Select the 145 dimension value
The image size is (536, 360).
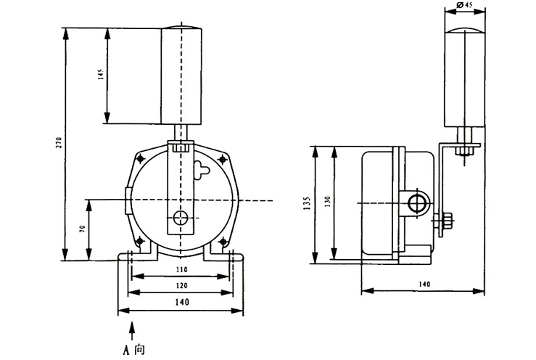101,75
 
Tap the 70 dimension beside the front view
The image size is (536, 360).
82,229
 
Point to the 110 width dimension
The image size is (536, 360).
181,269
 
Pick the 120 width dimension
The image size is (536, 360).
181,285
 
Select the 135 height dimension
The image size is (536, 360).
308,202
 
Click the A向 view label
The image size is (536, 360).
133,350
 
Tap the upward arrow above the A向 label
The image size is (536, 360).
131,330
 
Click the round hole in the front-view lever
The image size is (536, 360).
181,217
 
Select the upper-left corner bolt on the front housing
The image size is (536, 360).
140,158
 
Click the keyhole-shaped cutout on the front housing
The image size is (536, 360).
202,173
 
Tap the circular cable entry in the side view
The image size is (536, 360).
416,200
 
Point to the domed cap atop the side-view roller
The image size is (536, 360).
465,26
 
